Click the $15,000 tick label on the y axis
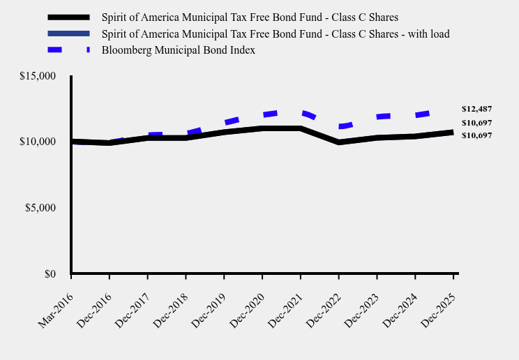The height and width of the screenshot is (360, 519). [38, 76]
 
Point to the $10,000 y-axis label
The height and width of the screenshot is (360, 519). [38, 142]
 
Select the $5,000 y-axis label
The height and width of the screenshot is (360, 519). [40, 208]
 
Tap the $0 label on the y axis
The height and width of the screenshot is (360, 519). [50, 274]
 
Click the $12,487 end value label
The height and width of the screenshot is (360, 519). [476, 109]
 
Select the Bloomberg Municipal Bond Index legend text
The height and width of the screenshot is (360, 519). [178, 50]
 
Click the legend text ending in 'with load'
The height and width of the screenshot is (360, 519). [275, 33]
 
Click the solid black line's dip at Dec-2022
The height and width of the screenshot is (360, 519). [338, 142]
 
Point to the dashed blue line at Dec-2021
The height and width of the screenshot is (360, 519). [300, 112]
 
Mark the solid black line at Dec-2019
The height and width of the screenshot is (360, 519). [224, 132]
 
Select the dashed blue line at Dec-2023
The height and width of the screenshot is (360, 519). [377, 117]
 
